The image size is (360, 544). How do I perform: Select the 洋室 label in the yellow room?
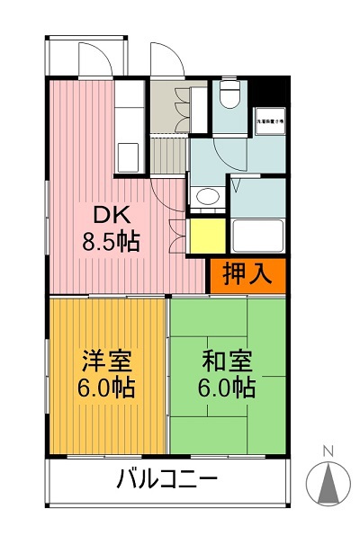tap(106, 362)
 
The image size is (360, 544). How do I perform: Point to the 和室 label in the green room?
tap(227, 362)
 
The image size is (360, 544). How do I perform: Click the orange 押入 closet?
tap(247, 275)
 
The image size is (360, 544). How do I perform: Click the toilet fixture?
tap(229, 94)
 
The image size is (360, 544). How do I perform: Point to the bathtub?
tap(257, 236)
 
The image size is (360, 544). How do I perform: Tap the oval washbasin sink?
tap(208, 198)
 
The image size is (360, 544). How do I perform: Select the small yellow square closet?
tap(206, 236)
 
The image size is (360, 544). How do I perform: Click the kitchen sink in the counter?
tap(127, 153)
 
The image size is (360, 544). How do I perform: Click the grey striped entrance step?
tap(167, 156)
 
